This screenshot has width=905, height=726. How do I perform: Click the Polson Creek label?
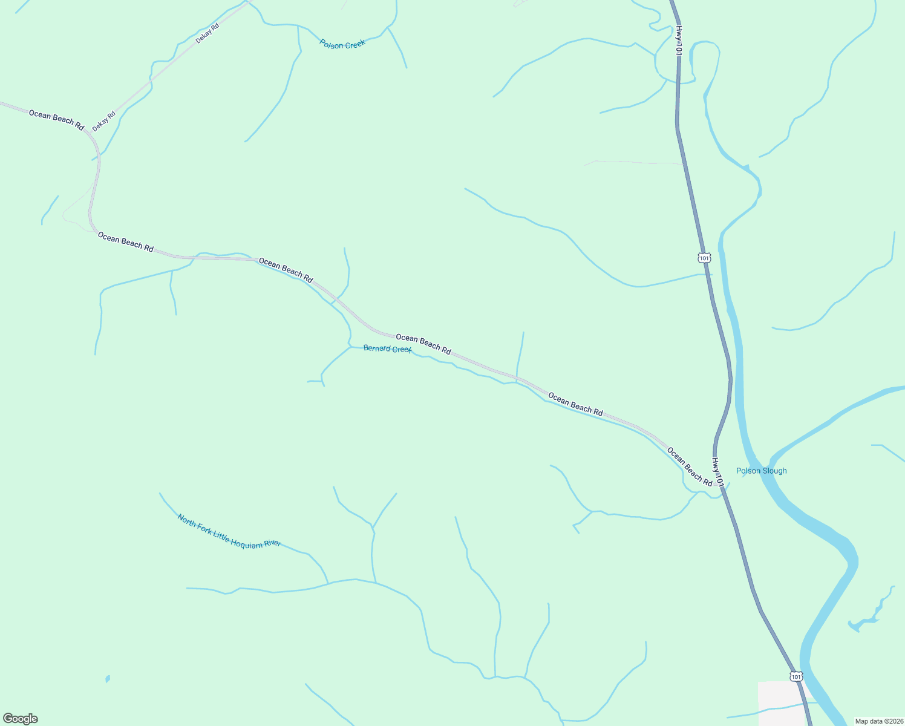point(342,44)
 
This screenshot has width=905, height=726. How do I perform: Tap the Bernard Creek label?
point(387,349)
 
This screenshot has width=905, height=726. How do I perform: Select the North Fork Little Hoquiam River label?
point(229,532)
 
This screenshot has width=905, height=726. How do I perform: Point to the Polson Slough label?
point(761,471)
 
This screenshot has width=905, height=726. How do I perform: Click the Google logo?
point(20,719)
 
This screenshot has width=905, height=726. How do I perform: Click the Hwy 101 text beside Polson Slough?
point(717,472)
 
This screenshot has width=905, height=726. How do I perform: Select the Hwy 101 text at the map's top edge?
point(679,41)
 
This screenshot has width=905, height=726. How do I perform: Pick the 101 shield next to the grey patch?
point(796,675)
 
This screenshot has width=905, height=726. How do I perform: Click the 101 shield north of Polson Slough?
point(704,258)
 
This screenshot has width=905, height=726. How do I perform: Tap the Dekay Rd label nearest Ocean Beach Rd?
point(103,121)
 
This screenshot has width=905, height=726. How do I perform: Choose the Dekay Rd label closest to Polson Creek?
point(207,33)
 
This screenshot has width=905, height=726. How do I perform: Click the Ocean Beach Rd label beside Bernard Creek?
point(423,344)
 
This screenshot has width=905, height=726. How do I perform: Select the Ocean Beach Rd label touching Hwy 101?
point(690,466)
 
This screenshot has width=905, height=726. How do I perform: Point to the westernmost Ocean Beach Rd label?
point(56,119)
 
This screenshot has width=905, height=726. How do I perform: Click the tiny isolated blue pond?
point(108,679)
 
